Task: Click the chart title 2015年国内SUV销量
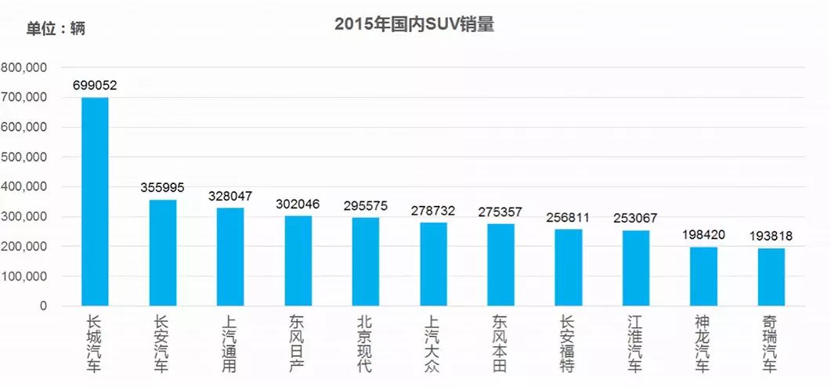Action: [x=414, y=24]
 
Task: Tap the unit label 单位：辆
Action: [x=56, y=29]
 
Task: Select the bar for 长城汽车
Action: [x=95, y=201]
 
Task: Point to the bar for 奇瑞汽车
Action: [x=771, y=276]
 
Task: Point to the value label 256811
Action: [x=568, y=217]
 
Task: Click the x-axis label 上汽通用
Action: [x=230, y=344]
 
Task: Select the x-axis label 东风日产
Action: [x=298, y=344]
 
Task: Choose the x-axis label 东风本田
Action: [x=500, y=344]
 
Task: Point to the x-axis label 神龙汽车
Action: [x=703, y=344]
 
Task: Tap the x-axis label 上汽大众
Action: [x=433, y=344]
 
